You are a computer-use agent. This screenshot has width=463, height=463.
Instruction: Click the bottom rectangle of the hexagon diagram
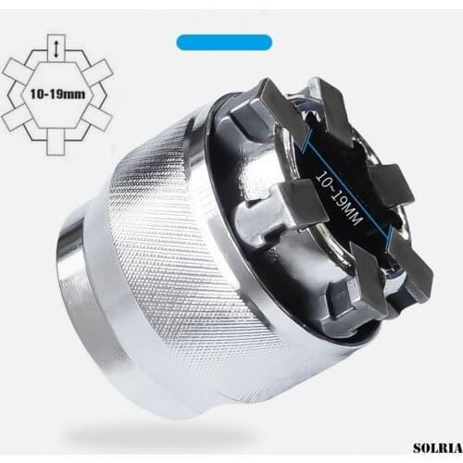click(58, 147)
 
